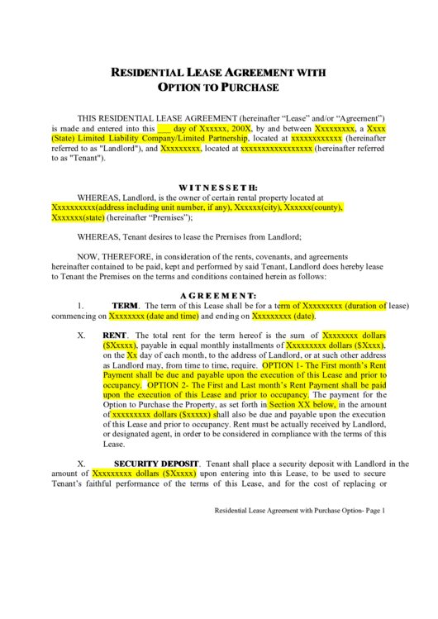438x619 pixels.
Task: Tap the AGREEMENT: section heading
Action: pyautogui.click(x=218, y=295)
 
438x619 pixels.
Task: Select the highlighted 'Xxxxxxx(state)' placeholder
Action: pyautogui.click(x=79, y=217)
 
